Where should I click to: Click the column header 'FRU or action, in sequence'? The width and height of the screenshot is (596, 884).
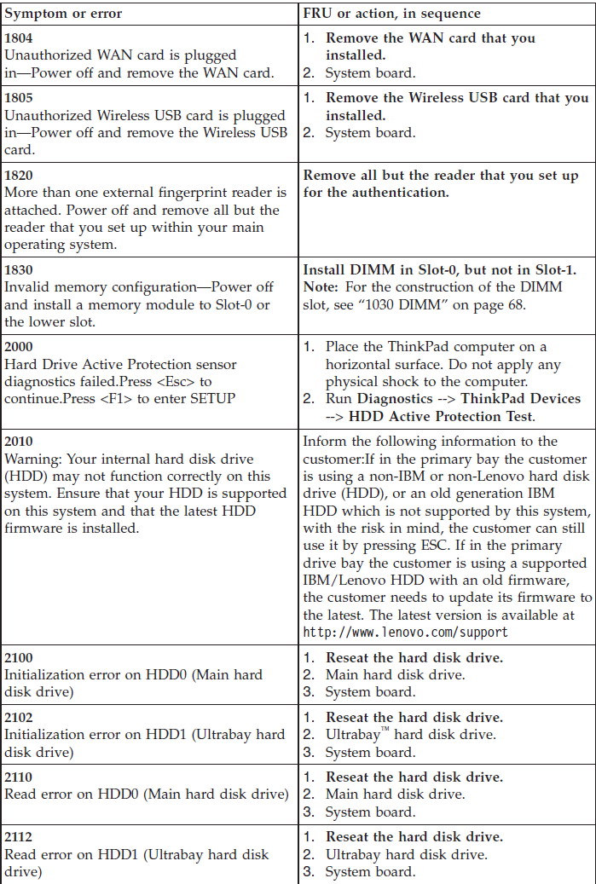[x=392, y=14]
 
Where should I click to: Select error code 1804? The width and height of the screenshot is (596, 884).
[x=20, y=38]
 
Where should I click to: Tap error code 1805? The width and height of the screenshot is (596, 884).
[x=20, y=98]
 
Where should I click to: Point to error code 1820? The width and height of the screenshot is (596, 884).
[x=20, y=176]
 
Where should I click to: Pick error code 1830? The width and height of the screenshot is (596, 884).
[x=20, y=270]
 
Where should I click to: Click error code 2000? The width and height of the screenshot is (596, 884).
[x=20, y=347]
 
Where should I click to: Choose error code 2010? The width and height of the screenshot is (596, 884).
[x=20, y=442]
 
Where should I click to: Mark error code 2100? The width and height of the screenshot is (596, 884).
[x=20, y=657]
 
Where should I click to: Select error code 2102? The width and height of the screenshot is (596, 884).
[x=20, y=718]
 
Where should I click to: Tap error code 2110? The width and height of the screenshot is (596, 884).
[x=20, y=777]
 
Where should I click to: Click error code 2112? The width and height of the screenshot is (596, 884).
[x=20, y=837]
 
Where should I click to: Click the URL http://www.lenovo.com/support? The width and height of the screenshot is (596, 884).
[x=405, y=632]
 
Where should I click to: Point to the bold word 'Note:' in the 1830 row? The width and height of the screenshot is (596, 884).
[x=321, y=286]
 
